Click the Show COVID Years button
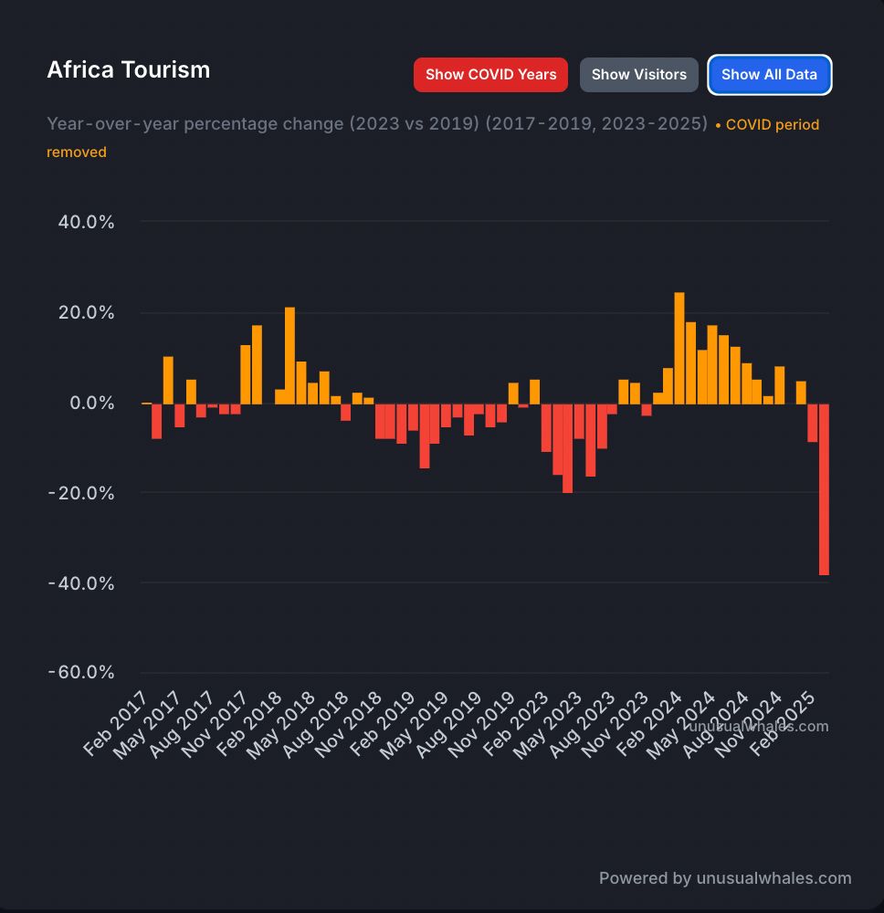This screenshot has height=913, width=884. pos(490,75)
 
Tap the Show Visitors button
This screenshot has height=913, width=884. pos(638,75)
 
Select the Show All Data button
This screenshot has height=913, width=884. pos(769,75)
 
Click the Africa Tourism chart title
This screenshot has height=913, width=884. pos(129,70)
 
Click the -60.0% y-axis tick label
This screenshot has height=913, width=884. pos(81,673)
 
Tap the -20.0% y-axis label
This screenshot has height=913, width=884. pos(81,493)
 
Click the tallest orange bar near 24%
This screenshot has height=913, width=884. pos(679,348)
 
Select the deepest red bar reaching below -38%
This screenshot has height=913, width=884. pos(824,488)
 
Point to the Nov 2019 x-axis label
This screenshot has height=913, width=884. pos(480,725)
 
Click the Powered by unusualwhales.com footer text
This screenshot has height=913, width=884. pos(724,878)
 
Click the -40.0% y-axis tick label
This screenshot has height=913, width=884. pos(81,583)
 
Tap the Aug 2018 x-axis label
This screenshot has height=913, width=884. pos(314,725)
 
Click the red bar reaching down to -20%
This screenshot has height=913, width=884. pos(568,447)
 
